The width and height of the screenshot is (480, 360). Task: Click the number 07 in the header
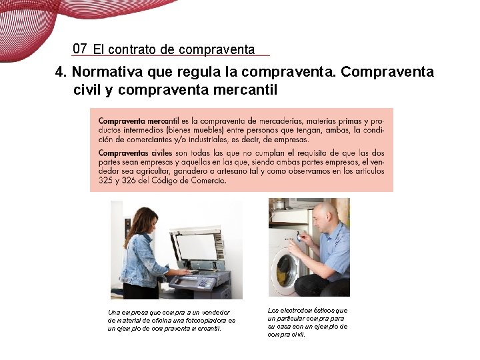80,48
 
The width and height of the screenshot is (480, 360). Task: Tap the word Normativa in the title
103,71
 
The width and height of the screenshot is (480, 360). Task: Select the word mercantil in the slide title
244,89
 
